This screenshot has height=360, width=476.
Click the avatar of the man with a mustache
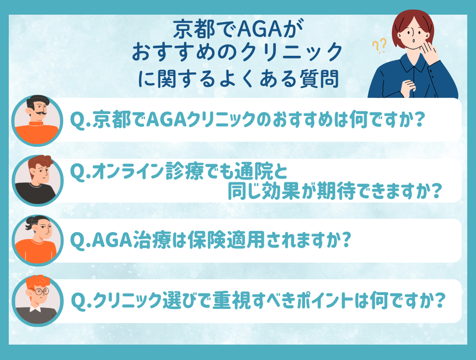(x=37, y=120)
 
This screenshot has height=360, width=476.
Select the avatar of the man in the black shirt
(x=37, y=180)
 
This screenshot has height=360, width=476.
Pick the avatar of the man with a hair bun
(x=37, y=240)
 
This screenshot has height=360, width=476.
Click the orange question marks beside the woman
(x=379, y=46)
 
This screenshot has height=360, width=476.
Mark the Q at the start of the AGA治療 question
(x=78, y=241)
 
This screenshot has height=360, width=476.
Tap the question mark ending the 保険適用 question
(x=346, y=240)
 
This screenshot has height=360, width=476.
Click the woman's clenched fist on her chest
(x=408, y=88)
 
